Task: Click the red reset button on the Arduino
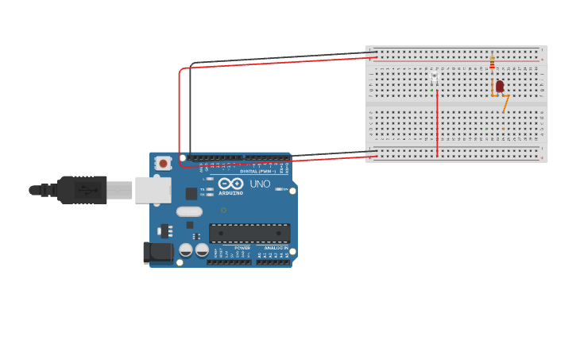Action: pyautogui.click(x=163, y=164)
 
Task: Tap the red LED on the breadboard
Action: pyautogui.click(x=499, y=86)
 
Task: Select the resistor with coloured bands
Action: pyautogui.click(x=492, y=61)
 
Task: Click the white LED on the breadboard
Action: pyautogui.click(x=434, y=80)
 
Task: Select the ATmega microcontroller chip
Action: pyautogui.click(x=249, y=233)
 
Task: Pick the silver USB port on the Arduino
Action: pyautogui.click(x=153, y=190)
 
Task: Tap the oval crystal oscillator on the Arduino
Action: pyautogui.click(x=189, y=211)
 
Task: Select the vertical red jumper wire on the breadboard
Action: pyautogui.click(x=437, y=123)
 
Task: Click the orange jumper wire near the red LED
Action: pyautogui.click(x=504, y=103)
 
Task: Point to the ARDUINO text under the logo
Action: pyautogui.click(x=230, y=193)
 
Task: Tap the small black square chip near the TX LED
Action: pyautogui.click(x=191, y=193)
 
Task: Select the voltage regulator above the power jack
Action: pyautogui.click(x=165, y=231)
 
